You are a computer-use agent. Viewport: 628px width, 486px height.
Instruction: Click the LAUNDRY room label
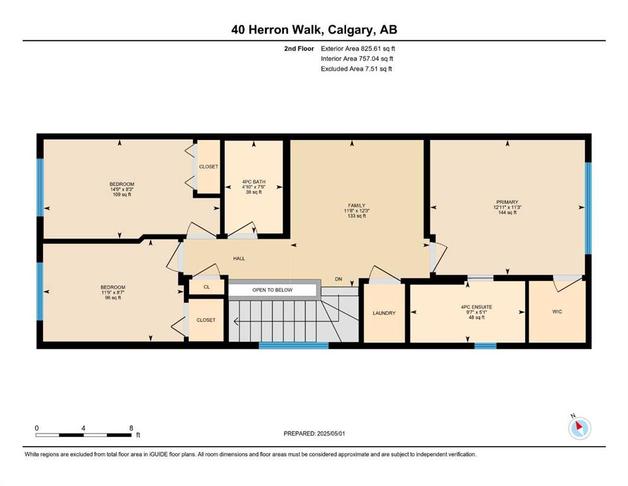384,313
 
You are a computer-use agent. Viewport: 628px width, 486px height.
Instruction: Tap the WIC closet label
557,312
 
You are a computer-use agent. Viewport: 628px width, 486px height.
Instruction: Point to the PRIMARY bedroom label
507,202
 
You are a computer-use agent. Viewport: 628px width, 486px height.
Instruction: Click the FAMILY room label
357,206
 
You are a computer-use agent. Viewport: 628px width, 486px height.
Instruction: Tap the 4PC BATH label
254,182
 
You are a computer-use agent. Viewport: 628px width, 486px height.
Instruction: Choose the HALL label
239,259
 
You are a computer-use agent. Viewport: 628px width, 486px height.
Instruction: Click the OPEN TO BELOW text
273,290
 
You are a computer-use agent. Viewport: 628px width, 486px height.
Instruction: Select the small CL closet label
207,287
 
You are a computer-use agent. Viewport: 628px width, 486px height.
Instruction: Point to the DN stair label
338,279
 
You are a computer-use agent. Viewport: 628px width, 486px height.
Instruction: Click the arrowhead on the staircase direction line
237,321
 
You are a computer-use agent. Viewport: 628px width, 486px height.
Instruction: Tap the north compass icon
579,428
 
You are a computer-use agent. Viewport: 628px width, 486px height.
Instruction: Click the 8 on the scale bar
131,428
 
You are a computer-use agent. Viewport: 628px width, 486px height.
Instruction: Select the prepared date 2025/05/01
331,433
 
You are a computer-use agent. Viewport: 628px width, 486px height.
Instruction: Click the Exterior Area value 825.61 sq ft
378,49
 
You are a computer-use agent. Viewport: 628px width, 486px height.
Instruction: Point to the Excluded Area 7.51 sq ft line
357,69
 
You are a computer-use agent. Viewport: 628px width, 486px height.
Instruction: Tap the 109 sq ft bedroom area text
122,195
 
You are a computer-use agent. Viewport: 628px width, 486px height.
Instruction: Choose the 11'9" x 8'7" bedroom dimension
113,292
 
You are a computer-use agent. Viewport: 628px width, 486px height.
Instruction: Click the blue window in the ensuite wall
486,346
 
